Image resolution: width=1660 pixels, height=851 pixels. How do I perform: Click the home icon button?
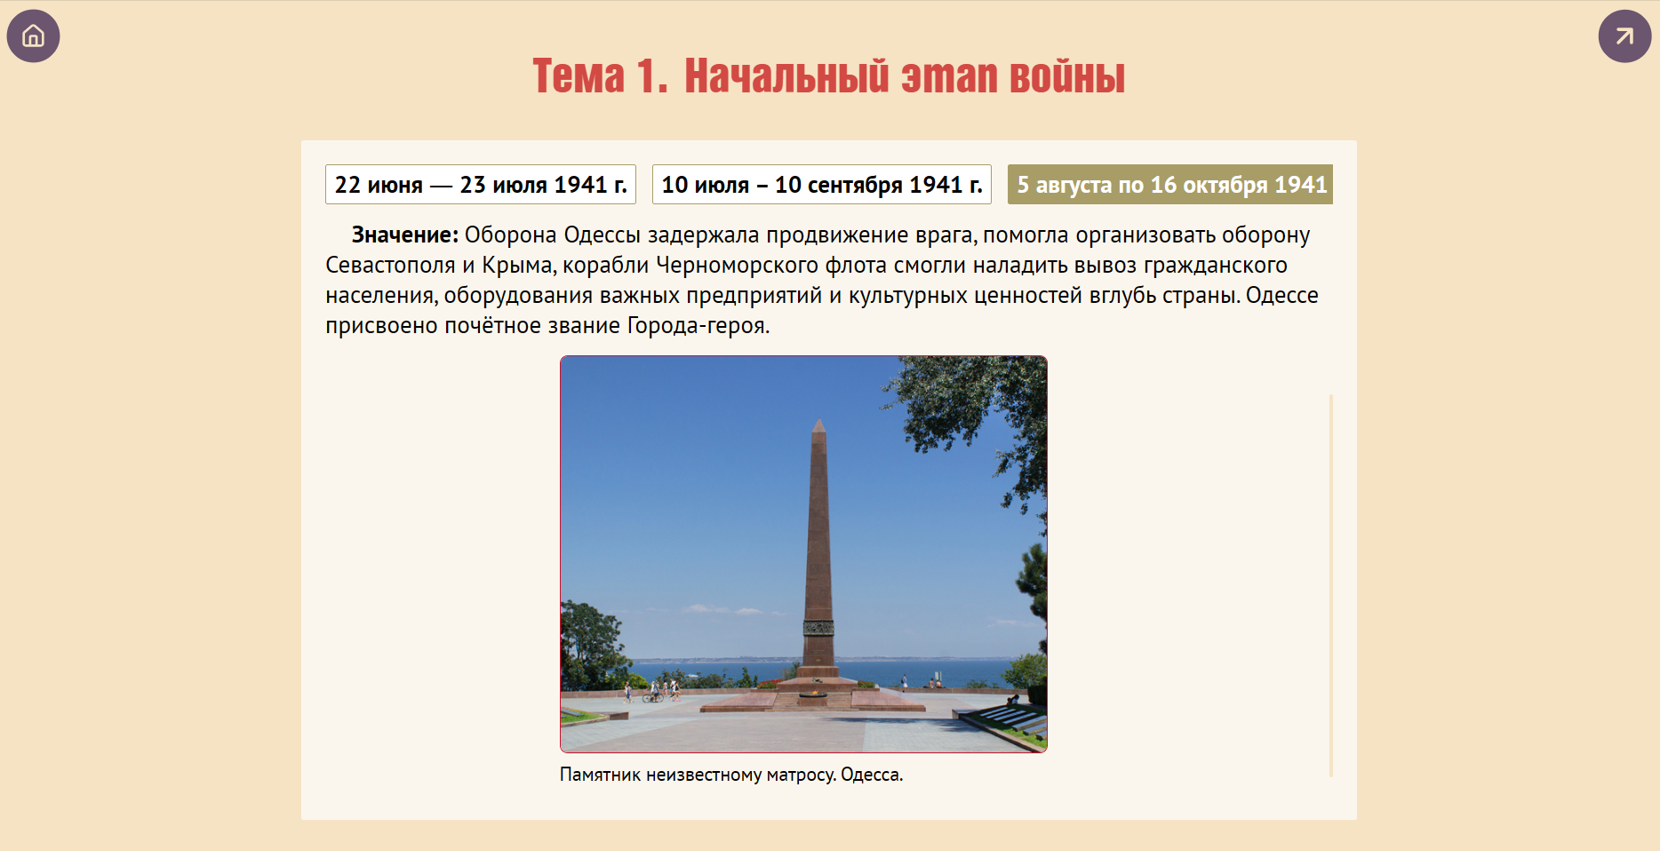coord(33,36)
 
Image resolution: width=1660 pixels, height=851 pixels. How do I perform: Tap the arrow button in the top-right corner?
coord(1624,36)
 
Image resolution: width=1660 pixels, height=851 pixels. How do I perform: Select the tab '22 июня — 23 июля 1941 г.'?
coord(481,185)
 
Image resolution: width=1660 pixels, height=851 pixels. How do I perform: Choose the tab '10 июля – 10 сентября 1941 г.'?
coord(822,185)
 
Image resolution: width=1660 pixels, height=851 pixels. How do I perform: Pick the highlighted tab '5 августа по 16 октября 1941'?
coord(1170,185)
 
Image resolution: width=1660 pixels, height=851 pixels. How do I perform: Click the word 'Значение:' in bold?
coord(405,235)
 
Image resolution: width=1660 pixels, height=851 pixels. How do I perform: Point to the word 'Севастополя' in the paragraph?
coord(390,266)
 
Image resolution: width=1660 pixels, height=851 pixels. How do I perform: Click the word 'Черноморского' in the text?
coord(737,266)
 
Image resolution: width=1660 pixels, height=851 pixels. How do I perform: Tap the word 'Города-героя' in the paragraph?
coord(696,326)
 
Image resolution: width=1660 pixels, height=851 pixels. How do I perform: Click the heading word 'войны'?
coord(1067,76)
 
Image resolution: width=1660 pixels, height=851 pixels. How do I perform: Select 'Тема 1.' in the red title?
coord(600,76)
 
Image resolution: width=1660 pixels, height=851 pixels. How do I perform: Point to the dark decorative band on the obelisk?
coord(818,627)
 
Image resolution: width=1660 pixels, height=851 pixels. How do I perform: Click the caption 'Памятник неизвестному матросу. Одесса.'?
coord(731,775)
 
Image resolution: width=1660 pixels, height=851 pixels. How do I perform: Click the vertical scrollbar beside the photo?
coord(1330,585)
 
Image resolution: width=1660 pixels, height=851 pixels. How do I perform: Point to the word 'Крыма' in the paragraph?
coord(519,266)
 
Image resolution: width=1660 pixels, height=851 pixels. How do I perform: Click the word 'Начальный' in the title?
coord(786,76)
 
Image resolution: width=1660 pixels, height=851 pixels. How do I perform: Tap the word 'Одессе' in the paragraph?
coord(1282,296)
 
